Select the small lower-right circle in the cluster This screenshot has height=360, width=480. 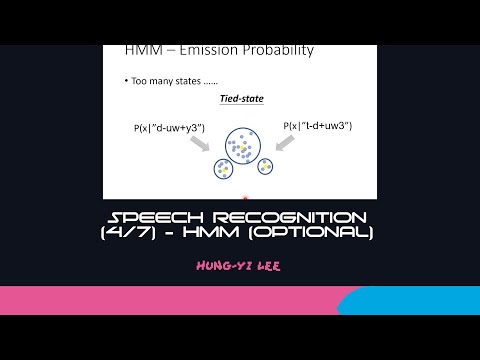pos(265,166)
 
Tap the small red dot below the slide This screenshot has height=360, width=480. pos(245,199)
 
